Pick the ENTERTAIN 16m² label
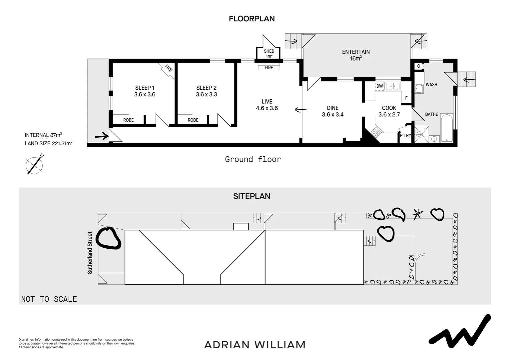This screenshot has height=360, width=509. click(x=356, y=55)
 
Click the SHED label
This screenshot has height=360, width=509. click(x=269, y=51)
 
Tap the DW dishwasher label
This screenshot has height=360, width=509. click(x=379, y=86)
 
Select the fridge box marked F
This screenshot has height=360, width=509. click(x=406, y=98)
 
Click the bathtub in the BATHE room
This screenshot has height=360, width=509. click(x=446, y=128)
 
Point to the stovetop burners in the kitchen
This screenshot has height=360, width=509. click(x=376, y=132)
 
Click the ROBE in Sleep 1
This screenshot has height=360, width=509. click(x=128, y=120)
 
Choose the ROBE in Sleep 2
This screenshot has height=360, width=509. click(x=193, y=120)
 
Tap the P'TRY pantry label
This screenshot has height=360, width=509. click(x=405, y=135)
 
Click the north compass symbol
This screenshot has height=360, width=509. click(x=35, y=164)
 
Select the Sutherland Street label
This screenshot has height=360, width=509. click(x=90, y=253)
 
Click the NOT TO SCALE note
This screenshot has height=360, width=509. click(x=49, y=299)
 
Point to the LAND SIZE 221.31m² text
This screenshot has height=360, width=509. click(x=49, y=144)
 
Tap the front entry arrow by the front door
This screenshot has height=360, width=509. click(x=102, y=136)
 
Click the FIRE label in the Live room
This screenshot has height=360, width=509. click(x=268, y=68)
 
